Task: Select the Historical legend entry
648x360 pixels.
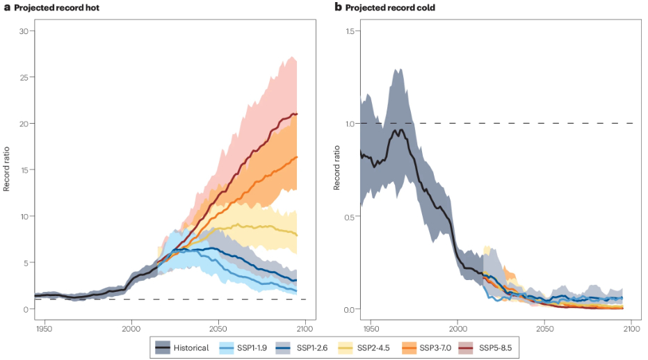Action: (x=184, y=347)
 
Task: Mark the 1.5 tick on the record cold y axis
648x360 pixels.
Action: (x=350, y=31)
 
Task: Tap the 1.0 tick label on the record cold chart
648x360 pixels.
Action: (x=350, y=124)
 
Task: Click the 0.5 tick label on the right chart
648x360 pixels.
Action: (x=350, y=216)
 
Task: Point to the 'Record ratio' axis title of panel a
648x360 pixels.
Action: (x=7, y=170)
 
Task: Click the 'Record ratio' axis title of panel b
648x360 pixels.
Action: (x=336, y=170)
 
